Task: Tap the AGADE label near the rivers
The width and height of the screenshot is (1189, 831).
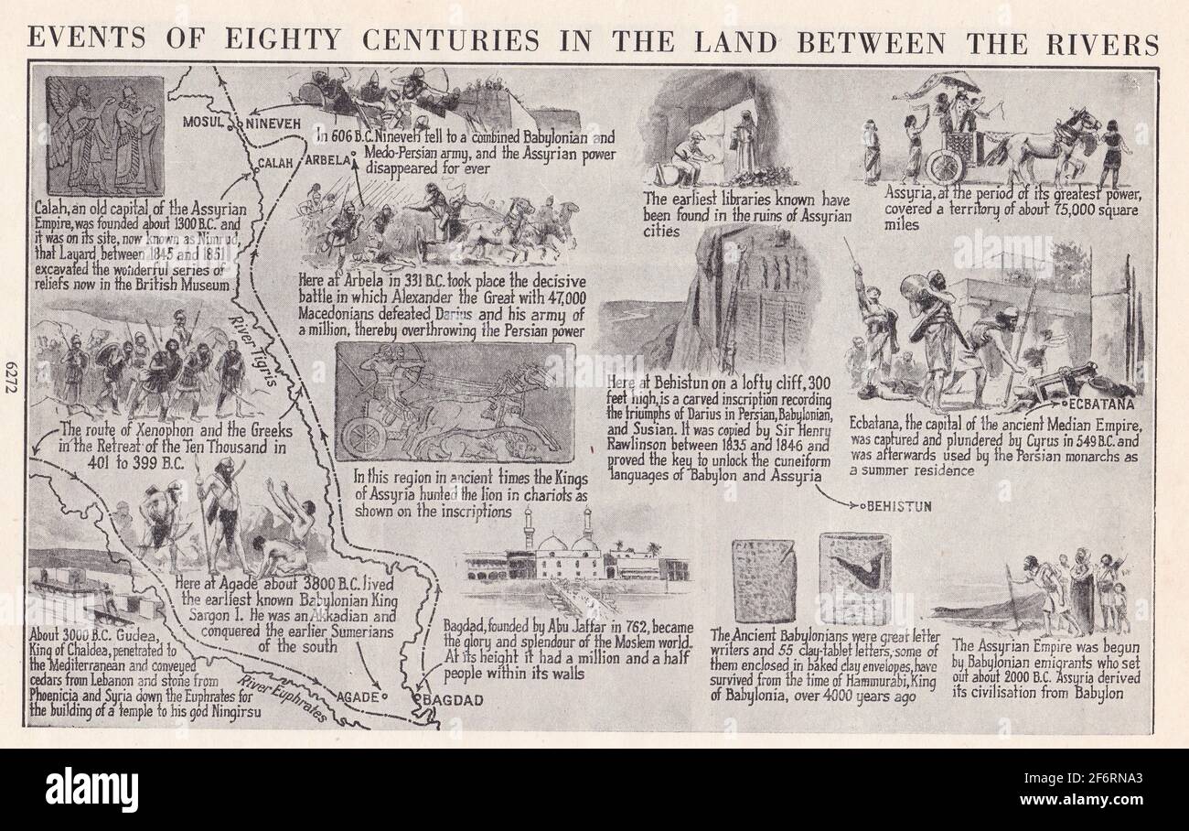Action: (x=357, y=697)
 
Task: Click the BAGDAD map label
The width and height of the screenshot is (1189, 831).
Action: (x=450, y=701)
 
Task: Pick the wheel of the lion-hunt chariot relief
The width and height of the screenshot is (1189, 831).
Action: (x=364, y=437)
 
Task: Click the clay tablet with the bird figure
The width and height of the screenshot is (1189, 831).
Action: (x=855, y=578)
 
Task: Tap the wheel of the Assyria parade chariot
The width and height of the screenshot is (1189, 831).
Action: (x=945, y=166)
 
